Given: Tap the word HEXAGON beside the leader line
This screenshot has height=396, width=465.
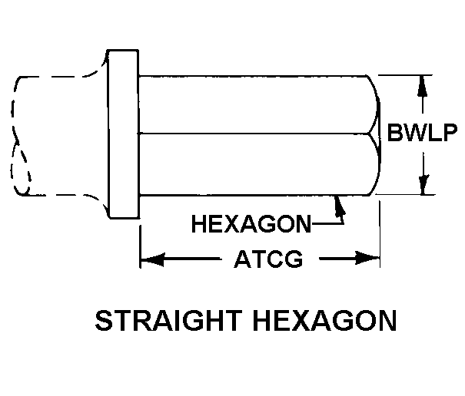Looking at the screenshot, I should pyautogui.click(x=251, y=225).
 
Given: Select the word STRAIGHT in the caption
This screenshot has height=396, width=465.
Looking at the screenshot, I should pyautogui.click(x=161, y=320).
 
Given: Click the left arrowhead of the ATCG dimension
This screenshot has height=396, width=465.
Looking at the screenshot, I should pyautogui.click(x=149, y=259).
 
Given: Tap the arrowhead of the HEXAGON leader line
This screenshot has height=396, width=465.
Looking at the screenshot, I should pyautogui.click(x=337, y=202).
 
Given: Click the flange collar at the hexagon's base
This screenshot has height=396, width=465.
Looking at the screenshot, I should pyautogui.click(x=123, y=135).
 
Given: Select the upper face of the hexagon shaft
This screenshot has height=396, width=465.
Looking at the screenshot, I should pyautogui.click(x=254, y=104).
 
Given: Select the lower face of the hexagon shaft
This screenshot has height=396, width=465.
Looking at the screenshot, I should pyautogui.click(x=254, y=164).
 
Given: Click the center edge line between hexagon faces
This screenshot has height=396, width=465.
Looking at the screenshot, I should pyautogui.click(x=254, y=134).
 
